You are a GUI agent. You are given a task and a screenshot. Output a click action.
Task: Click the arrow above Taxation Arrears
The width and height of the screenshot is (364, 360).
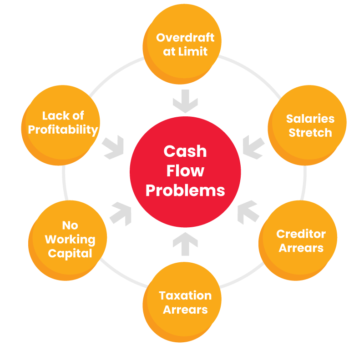click(x=185, y=240)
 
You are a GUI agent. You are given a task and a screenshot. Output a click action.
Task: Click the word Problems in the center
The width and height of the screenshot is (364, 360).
click(x=185, y=190)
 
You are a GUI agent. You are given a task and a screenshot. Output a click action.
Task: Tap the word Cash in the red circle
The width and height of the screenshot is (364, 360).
click(x=185, y=151)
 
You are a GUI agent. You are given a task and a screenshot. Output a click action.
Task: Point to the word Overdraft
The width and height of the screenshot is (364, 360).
click(x=185, y=37)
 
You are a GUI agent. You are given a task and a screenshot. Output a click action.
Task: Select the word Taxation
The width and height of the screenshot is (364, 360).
click(x=185, y=295)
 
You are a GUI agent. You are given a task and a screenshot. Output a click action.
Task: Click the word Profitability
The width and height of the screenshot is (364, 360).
click(x=63, y=130)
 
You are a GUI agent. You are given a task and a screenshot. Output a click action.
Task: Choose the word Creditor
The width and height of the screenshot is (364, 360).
click(x=301, y=234)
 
